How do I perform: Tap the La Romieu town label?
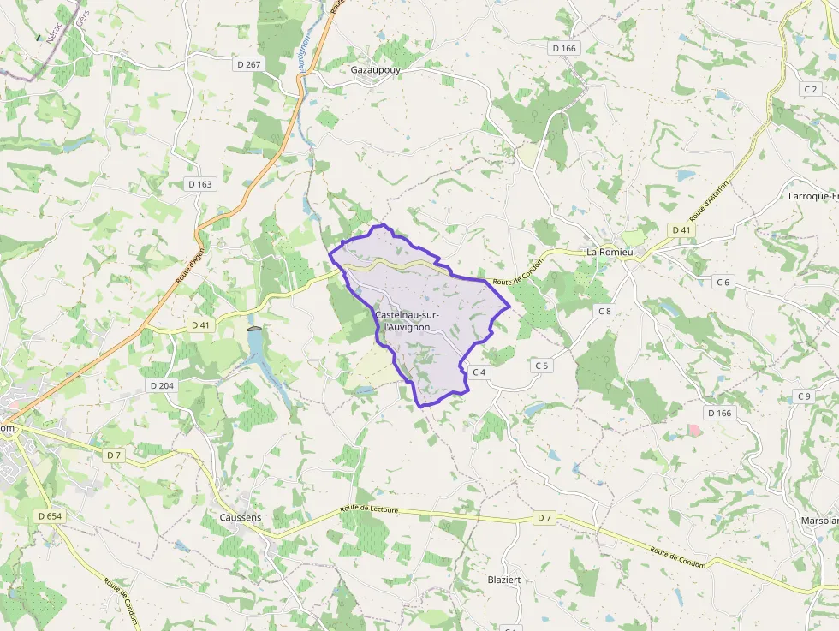coord(609,253)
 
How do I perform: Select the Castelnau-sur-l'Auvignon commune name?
coord(408,321)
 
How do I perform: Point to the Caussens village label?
coord(241,518)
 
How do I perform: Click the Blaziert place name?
coord(504,580)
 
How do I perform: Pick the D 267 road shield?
coord(248,64)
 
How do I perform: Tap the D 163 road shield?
coord(200,184)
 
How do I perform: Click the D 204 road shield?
coord(162,386)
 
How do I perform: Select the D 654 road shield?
coord(51,516)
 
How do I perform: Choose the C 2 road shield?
coord(811,89)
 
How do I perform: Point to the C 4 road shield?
coord(479,372)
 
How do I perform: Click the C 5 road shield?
coord(542,366)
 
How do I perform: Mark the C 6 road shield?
coord(724,283)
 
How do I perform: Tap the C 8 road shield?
coord(605,311)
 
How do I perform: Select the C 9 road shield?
coord(803,396)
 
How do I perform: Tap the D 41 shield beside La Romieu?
coord(681,230)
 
